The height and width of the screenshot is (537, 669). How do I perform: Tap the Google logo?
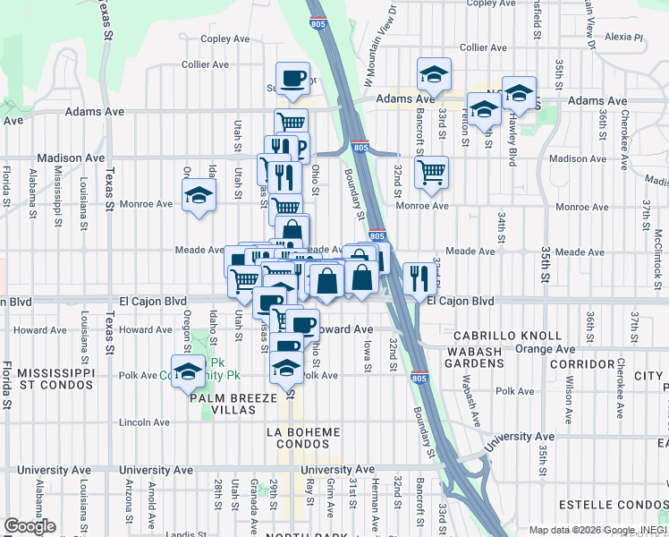click(30, 526)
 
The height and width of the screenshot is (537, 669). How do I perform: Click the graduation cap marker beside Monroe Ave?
click(199, 195)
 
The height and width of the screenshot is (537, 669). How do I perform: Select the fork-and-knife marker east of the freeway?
click(418, 277)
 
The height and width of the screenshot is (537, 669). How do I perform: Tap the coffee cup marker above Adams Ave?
click(292, 78)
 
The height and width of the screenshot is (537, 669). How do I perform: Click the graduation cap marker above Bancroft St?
click(434, 74)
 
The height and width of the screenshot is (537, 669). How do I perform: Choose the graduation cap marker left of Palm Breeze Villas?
click(188, 371)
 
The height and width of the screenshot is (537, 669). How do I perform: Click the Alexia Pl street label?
click(625, 38)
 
